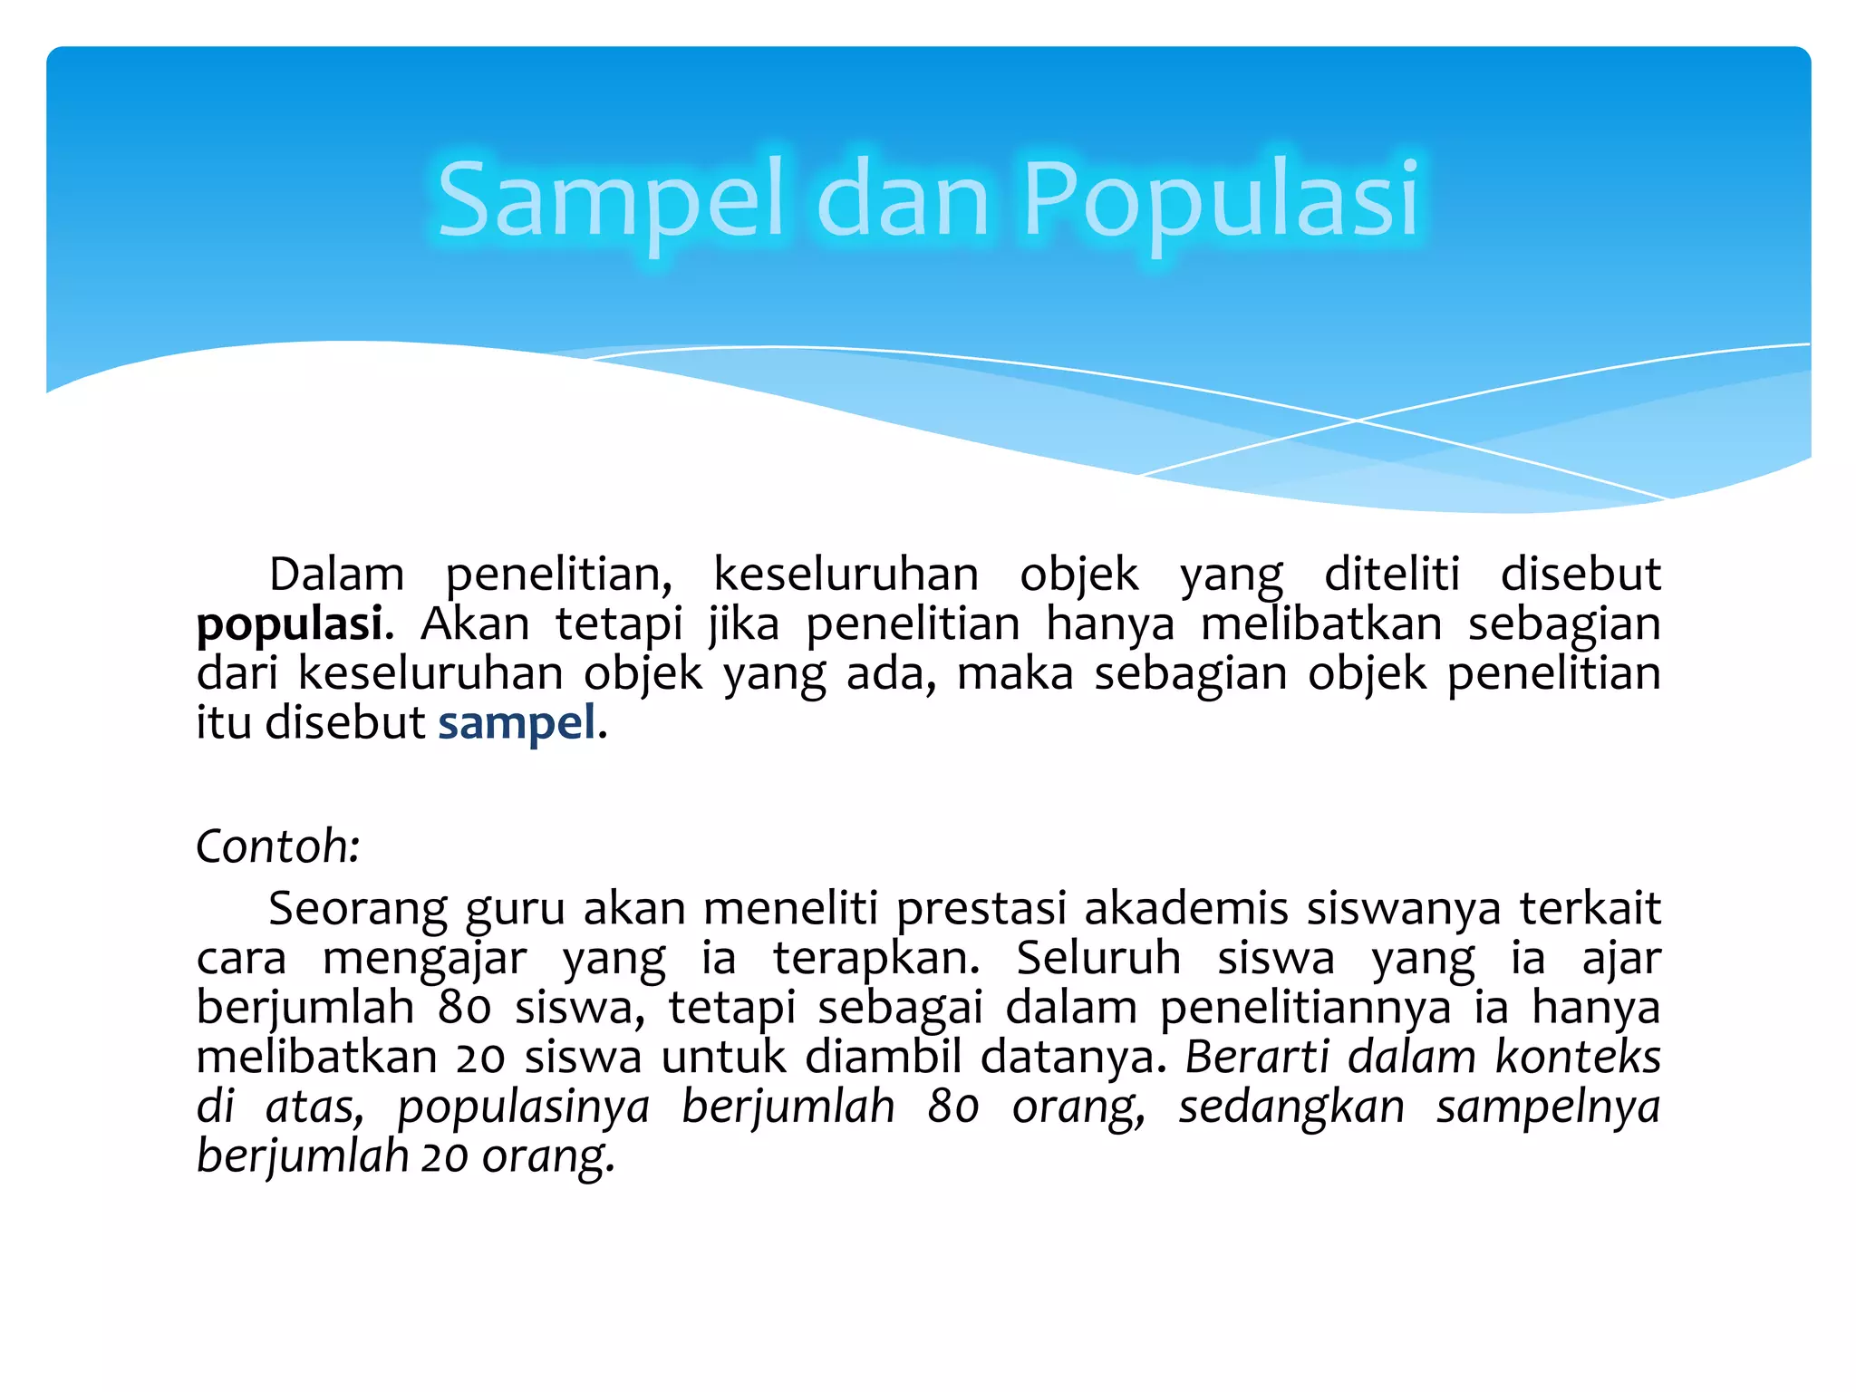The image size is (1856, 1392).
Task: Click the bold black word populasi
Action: click(290, 625)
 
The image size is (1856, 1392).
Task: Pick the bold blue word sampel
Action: click(517, 723)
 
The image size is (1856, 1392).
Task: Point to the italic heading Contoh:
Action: click(278, 846)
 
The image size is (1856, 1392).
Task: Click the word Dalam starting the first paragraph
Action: click(336, 575)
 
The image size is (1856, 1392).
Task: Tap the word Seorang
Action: click(358, 908)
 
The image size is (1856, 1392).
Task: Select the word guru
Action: click(515, 910)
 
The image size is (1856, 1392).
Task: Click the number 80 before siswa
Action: click(465, 1008)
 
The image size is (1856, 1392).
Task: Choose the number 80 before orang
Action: click(953, 1107)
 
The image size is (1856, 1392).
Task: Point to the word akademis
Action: click(1185, 908)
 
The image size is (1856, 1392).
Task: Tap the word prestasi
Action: click(981, 910)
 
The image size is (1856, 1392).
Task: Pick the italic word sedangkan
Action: click(1291, 1107)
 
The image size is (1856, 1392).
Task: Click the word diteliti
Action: click(1392, 575)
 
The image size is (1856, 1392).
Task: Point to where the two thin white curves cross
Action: click(1357, 420)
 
